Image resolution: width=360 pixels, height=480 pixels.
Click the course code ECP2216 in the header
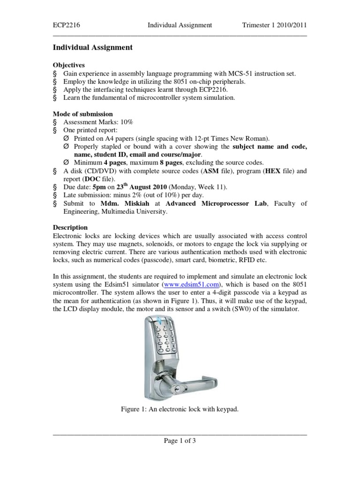point(66,25)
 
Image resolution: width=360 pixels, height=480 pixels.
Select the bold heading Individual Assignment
point(92,47)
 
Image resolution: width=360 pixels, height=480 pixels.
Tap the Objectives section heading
point(69,65)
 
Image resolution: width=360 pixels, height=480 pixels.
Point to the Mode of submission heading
point(82,113)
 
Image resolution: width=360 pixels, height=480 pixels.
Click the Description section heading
point(70,227)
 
